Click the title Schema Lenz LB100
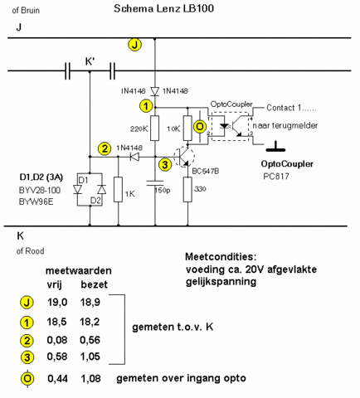(x=163, y=8)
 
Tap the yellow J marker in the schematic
(x=135, y=45)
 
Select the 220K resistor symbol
(x=155, y=129)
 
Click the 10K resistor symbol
(x=187, y=129)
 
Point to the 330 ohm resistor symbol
(x=187, y=189)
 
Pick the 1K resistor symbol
(x=118, y=189)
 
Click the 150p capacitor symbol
(x=155, y=183)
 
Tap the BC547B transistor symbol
(x=184, y=157)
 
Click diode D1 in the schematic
(x=77, y=190)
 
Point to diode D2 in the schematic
(x=102, y=190)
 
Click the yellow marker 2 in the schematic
(x=105, y=148)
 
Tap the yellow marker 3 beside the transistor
(x=165, y=165)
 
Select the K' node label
(x=90, y=61)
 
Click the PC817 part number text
(x=276, y=177)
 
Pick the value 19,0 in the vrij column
(x=57, y=302)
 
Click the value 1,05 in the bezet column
(x=90, y=357)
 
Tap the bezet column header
(x=94, y=284)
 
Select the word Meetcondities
(x=221, y=257)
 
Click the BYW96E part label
(x=36, y=201)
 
